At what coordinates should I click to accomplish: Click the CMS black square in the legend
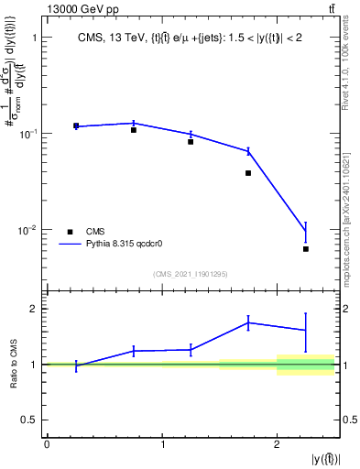(x=70, y=232)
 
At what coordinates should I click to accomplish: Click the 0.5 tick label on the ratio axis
(x=27, y=420)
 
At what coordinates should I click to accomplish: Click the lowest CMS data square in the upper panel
(x=306, y=248)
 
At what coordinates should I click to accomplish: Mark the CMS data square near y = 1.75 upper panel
(x=248, y=173)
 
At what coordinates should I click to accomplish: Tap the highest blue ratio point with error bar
(x=248, y=322)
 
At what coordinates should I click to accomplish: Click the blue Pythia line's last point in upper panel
(x=306, y=231)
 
